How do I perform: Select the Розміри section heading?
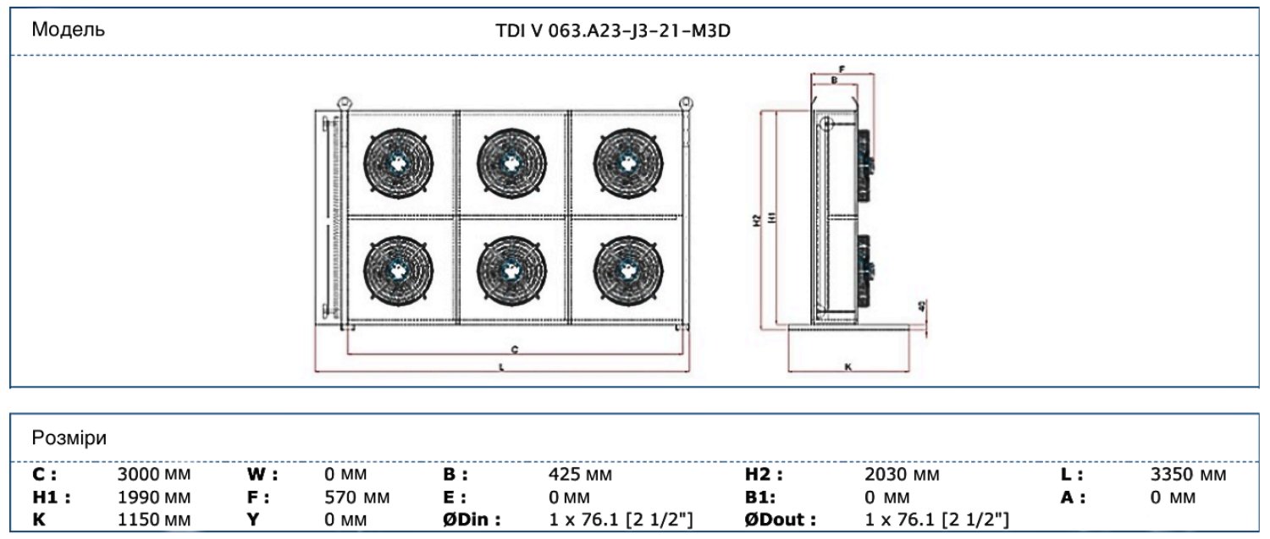click(x=69, y=437)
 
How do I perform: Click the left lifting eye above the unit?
click(x=343, y=102)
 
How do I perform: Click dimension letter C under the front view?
click(x=515, y=349)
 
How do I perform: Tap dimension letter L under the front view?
click(x=502, y=367)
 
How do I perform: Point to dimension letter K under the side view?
click(x=848, y=367)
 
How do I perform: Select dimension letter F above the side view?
click(x=841, y=69)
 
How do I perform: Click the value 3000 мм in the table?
click(x=153, y=476)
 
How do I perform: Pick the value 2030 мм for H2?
click(x=902, y=476)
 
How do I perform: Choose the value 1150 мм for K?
click(x=153, y=518)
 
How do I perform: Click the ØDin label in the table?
click(x=472, y=518)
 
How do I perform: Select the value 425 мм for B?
click(x=580, y=476)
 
